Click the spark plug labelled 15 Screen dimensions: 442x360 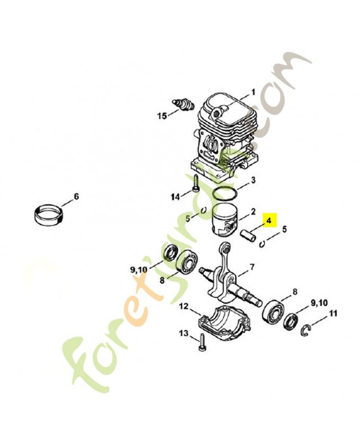183,104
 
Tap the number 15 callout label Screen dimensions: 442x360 162,116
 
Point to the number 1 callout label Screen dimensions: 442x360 253,92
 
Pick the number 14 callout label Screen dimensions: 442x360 175,197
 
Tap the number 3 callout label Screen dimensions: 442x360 253,180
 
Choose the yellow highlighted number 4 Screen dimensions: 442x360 269,220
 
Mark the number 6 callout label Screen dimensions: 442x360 76,197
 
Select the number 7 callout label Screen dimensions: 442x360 252,268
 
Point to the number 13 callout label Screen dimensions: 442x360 183,333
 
